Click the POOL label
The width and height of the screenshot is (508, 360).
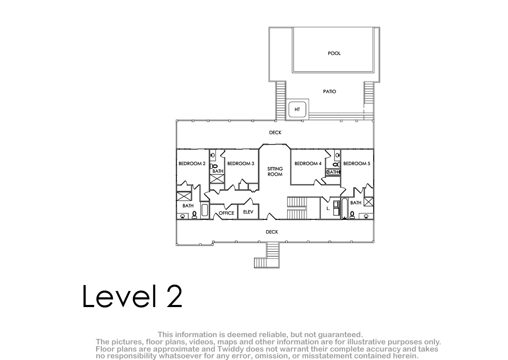(x=334, y=53)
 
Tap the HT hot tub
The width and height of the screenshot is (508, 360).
(x=297, y=109)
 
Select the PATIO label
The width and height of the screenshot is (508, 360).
(x=329, y=91)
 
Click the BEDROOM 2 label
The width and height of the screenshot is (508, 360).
(x=192, y=163)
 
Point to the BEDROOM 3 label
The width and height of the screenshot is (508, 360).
(x=240, y=163)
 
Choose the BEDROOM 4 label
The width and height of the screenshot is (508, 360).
(x=308, y=163)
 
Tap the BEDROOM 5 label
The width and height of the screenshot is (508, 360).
(x=356, y=163)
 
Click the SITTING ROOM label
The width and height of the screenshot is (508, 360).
(x=275, y=172)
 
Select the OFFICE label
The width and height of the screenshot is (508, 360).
(x=226, y=213)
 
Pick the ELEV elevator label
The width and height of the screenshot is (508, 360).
(x=248, y=212)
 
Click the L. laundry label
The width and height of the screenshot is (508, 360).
(x=328, y=208)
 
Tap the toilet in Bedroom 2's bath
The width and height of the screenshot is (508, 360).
(x=194, y=215)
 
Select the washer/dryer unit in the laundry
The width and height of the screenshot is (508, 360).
(x=336, y=208)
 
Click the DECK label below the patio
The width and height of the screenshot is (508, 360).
(x=275, y=133)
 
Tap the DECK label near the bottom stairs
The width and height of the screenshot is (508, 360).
(x=272, y=232)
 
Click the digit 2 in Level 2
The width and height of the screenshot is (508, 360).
(x=174, y=296)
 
